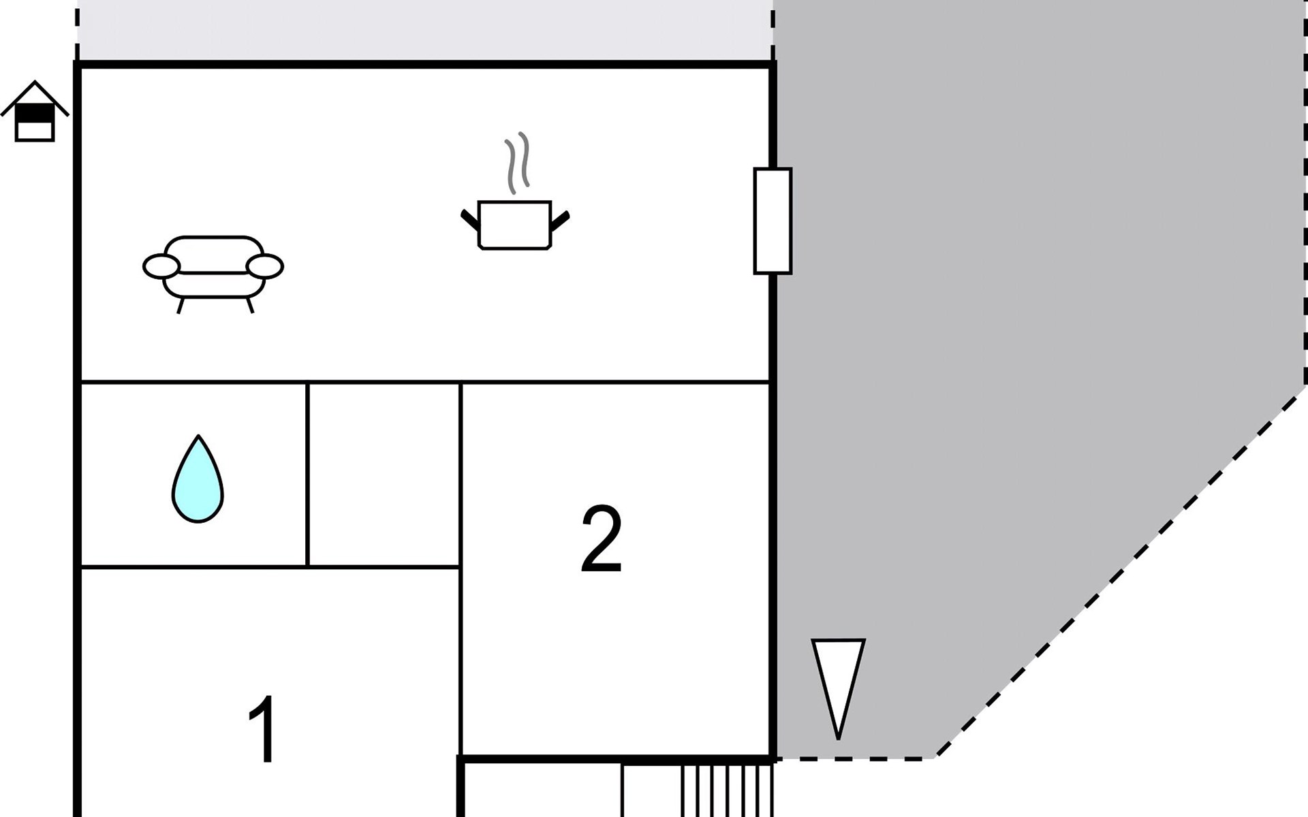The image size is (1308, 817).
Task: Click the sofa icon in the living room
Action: pos(213,269)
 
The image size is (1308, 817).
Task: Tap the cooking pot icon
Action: pos(514,225)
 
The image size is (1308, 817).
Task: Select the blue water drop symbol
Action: pos(198,482)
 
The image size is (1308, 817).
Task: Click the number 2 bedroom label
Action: pos(602,540)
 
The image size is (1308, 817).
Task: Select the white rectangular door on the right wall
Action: pos(773,221)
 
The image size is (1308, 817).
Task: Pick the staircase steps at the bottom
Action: pos(728,790)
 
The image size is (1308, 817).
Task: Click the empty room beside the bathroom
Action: pos(384,475)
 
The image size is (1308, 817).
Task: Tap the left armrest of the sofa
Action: pos(161,266)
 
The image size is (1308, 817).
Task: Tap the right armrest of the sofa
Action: pos(265,266)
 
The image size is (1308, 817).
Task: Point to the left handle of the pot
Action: pos(469,220)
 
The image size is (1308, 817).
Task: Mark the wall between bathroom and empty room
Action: pos(308,475)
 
